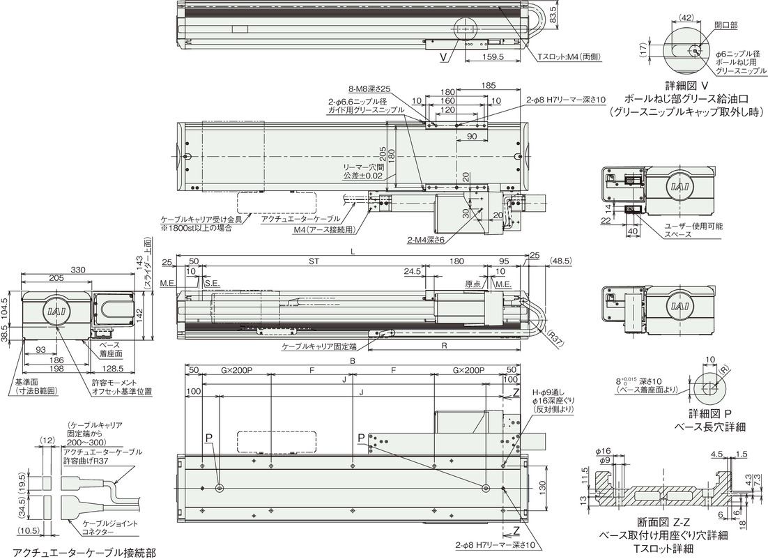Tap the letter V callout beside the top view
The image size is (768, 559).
pyautogui.click(x=443, y=57)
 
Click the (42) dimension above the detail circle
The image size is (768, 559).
pyautogui.click(x=685, y=18)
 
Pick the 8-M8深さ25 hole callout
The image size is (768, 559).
pyautogui.click(x=369, y=89)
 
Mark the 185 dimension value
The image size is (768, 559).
pyautogui.click(x=489, y=85)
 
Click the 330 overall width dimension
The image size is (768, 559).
pyautogui.click(x=78, y=270)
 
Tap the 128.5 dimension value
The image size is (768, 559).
pyautogui.click(x=112, y=369)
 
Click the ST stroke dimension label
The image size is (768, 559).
pyautogui.click(x=314, y=261)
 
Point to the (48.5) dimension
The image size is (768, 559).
pyautogui.click(x=560, y=261)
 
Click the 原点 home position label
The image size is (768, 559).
pyautogui.click(x=473, y=284)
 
